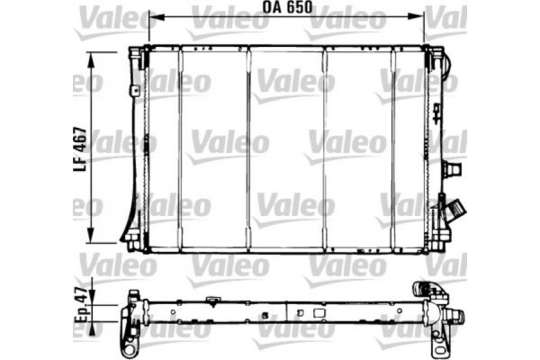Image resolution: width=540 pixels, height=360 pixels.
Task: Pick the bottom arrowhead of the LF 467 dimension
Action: tap(91, 241)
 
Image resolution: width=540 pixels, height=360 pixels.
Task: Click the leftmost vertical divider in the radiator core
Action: tap(180, 148)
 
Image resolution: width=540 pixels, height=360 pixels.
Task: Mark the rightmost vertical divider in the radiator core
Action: tap(393, 148)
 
